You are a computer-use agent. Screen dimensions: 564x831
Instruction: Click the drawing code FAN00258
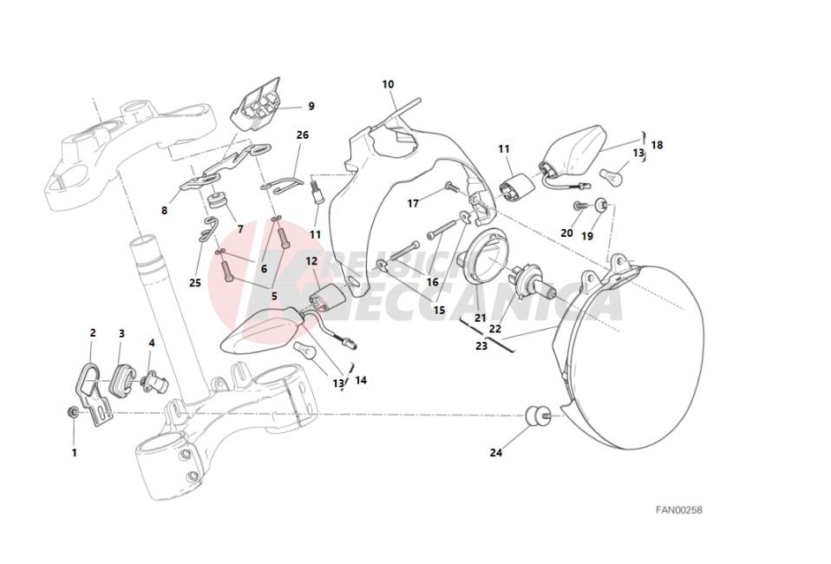678,510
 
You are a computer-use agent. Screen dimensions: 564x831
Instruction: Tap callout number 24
495,452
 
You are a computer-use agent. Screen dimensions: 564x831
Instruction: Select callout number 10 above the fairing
388,84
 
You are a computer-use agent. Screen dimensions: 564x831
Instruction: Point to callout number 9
311,107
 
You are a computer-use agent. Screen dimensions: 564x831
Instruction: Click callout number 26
302,135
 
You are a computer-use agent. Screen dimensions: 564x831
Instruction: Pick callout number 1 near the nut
74,452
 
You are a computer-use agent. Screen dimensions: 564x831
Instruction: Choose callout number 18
657,145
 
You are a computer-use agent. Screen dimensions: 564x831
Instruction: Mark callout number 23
481,345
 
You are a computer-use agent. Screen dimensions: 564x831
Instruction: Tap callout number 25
194,283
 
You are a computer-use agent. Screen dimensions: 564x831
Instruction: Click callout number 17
414,204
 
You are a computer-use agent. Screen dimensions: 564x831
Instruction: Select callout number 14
361,380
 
